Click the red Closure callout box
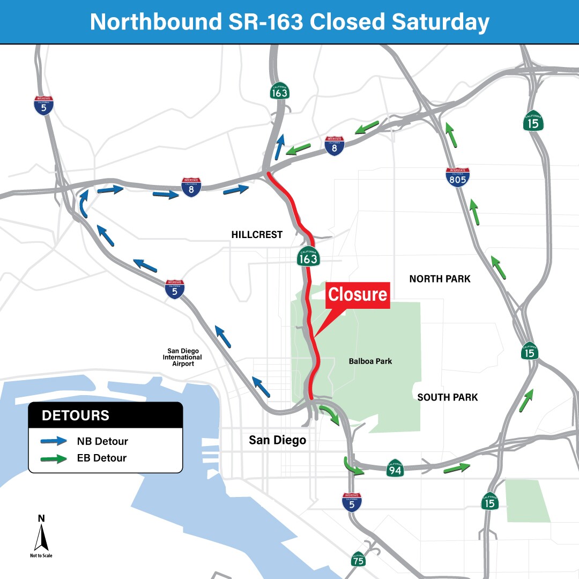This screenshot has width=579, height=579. click(358, 295)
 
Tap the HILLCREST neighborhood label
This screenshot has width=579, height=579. click(257, 235)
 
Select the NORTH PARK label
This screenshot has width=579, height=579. click(440, 279)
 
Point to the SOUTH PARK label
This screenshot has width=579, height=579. click(448, 397)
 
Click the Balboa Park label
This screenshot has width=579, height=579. click(370, 361)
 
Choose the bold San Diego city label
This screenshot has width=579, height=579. click(277, 440)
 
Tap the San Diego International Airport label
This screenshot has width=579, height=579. click(182, 357)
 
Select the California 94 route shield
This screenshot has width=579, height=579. click(395, 469)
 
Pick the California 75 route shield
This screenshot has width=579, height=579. click(359, 560)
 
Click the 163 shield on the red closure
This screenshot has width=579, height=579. click(308, 257)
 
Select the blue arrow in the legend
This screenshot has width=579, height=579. click(54, 442)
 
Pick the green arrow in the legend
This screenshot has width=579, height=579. click(54, 458)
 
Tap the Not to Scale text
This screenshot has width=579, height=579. click(41, 555)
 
